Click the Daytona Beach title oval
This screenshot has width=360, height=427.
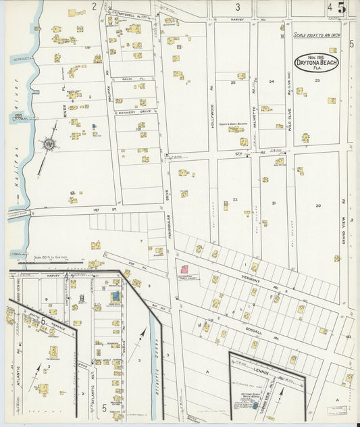click(x=316, y=61)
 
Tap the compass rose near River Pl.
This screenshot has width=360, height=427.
click(x=49, y=143)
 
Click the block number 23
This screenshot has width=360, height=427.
click(x=316, y=81)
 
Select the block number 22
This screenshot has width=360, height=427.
click(x=234, y=200)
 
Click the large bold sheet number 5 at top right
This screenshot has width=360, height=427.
click(x=342, y=8)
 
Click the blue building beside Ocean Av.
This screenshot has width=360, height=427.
click(x=115, y=296)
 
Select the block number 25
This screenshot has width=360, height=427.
click(x=233, y=82)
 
